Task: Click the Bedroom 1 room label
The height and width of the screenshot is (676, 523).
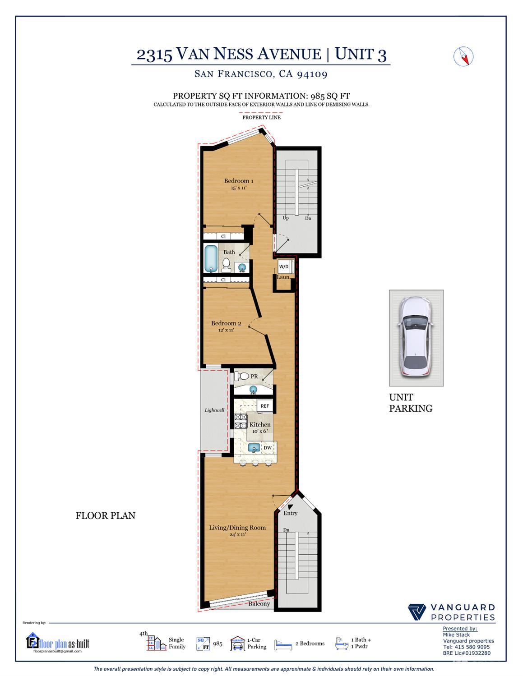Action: [238, 181]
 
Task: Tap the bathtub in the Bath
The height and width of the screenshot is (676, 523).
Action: [211, 259]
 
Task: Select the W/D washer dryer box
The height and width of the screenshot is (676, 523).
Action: [283, 267]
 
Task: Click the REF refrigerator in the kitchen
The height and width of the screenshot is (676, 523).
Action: [264, 406]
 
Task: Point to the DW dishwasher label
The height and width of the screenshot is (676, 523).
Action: [268, 448]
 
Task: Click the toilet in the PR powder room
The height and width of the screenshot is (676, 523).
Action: [241, 377]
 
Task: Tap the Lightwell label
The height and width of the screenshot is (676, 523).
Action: [214, 410]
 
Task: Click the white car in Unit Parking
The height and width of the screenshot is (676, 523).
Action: [416, 337]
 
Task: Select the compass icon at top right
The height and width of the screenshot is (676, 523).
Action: [463, 56]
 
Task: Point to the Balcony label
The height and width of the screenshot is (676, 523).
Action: [259, 603]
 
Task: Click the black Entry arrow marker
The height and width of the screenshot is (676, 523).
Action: [290, 507]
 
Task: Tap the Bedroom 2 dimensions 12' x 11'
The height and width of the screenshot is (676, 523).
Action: [226, 330]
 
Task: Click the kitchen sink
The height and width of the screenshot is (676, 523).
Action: [254, 448]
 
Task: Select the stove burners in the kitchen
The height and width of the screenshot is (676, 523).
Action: [241, 421]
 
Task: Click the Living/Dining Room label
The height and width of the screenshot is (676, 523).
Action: [237, 528]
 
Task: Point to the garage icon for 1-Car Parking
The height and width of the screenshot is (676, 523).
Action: [237, 643]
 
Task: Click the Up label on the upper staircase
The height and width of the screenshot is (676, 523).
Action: [286, 218]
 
